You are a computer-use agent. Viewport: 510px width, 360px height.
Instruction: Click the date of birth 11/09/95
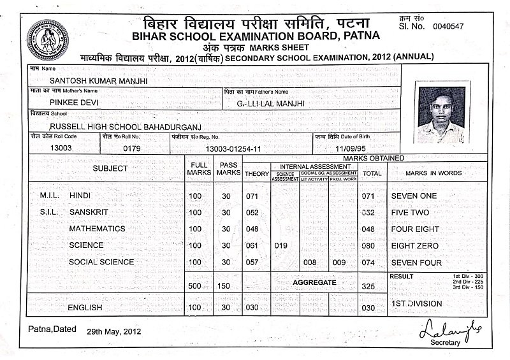point(342,148)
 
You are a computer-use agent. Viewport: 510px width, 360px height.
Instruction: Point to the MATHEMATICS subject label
point(97,229)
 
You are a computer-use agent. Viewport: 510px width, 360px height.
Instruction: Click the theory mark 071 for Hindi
point(253,196)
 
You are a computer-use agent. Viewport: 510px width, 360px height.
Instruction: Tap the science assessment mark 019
point(280,245)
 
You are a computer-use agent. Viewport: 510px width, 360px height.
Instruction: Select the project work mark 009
point(339,262)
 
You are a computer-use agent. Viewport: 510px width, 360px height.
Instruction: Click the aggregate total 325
point(368,287)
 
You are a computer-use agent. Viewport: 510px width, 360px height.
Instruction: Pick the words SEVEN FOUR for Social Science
point(416,262)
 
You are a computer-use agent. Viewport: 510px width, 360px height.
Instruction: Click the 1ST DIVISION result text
point(416,304)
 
